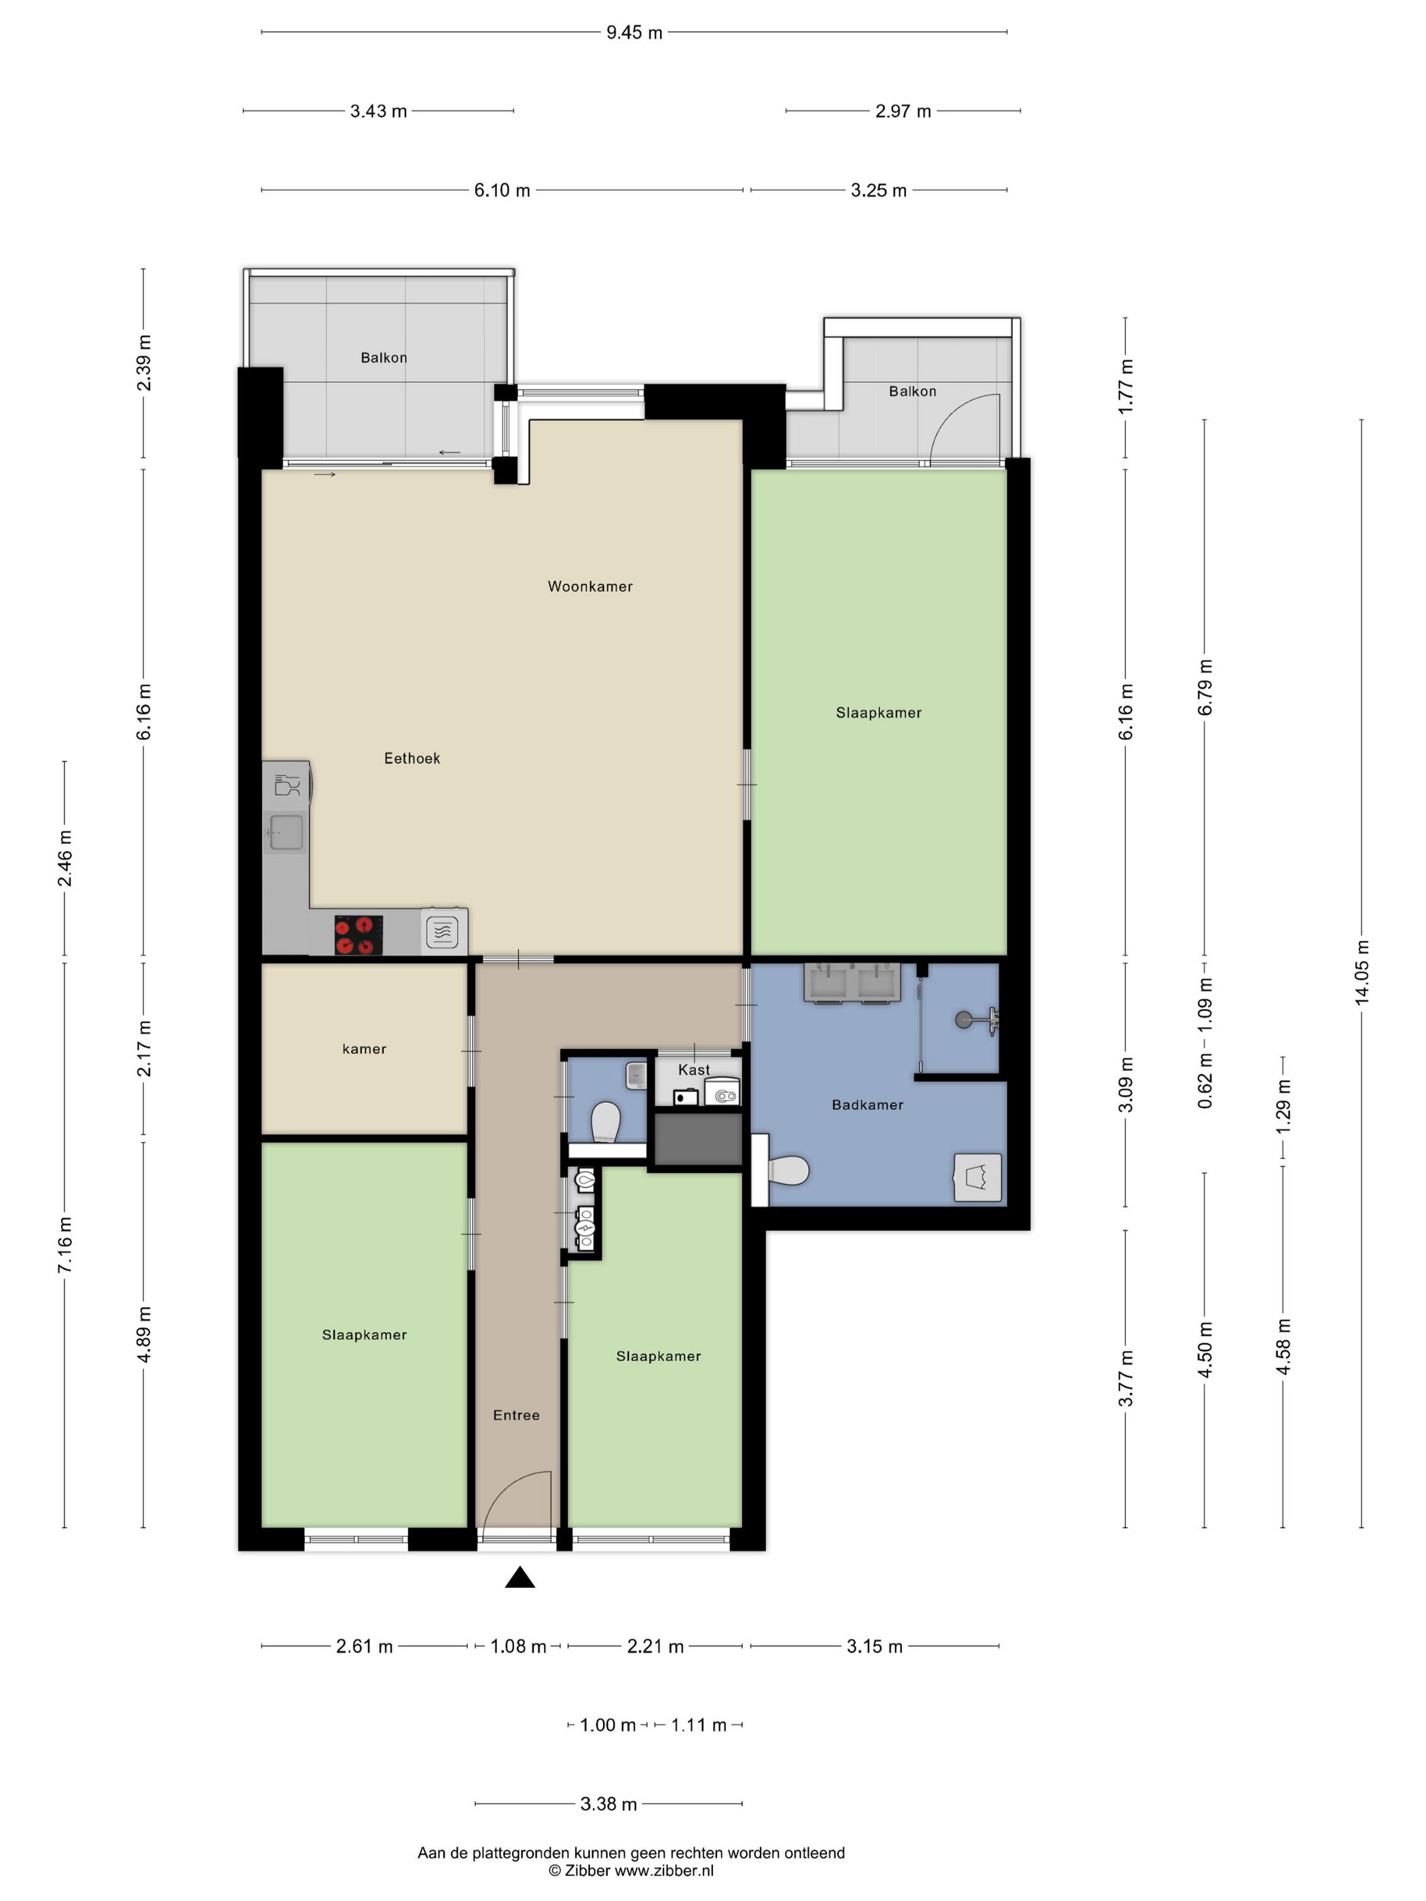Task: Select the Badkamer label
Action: [x=867, y=1105]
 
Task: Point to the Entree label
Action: [x=515, y=1416]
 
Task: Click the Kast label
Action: [x=694, y=1070]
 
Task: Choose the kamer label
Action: [x=365, y=1050]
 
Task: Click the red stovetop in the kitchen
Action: [x=359, y=934]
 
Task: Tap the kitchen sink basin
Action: [x=287, y=832]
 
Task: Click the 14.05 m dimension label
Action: [x=1361, y=972]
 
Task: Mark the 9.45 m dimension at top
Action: [x=634, y=33]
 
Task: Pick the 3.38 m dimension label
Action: [x=608, y=1804]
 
